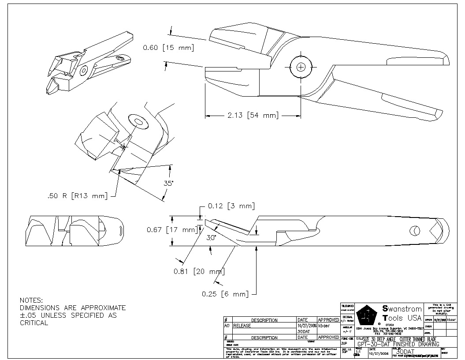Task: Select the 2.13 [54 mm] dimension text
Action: coord(253,116)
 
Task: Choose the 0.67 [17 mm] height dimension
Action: coord(171,230)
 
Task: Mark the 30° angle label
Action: coord(212,237)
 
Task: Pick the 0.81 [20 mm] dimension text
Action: coord(199,271)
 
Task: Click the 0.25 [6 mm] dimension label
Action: coord(225,294)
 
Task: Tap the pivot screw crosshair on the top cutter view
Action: coord(301,67)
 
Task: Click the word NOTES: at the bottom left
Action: coord(32,300)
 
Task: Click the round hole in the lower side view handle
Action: coord(414,230)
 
